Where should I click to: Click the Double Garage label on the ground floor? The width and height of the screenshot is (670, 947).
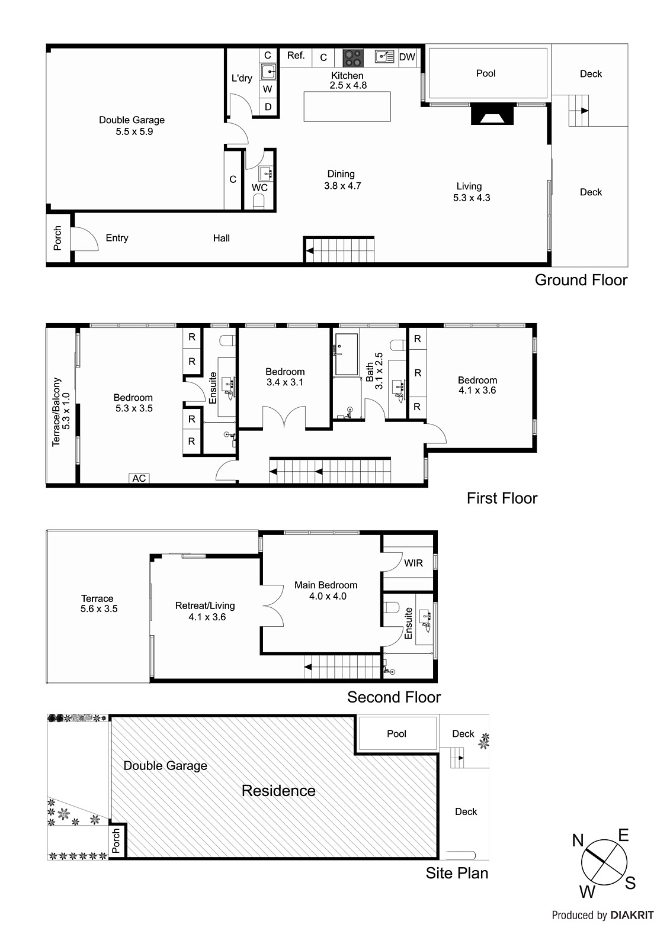[x=132, y=125]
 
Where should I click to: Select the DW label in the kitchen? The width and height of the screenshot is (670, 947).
[x=407, y=57]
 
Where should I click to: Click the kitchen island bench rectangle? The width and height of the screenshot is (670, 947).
[x=347, y=107]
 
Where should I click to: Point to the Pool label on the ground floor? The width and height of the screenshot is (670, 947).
[x=486, y=73]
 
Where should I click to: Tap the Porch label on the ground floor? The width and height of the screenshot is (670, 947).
[x=57, y=238]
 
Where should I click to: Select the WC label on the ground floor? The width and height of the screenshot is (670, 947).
[x=259, y=188]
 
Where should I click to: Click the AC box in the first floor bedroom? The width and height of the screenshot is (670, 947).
[x=139, y=478]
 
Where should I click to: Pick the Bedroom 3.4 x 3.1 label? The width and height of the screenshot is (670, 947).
[x=285, y=377]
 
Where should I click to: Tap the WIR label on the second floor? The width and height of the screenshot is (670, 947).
[x=413, y=563]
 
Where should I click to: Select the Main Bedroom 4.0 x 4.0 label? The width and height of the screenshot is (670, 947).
[x=326, y=591]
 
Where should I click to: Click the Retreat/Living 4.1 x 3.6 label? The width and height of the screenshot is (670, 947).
[x=205, y=611]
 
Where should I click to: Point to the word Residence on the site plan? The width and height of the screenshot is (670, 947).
[x=278, y=791]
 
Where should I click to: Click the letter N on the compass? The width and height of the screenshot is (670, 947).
[x=578, y=840]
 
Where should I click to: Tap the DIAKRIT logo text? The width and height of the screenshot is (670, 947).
[x=632, y=915]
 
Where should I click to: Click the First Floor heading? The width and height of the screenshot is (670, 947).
[x=502, y=498]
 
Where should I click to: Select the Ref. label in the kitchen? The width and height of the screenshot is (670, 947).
[x=296, y=56]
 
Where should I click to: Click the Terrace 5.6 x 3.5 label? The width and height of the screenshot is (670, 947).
[x=98, y=603]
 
